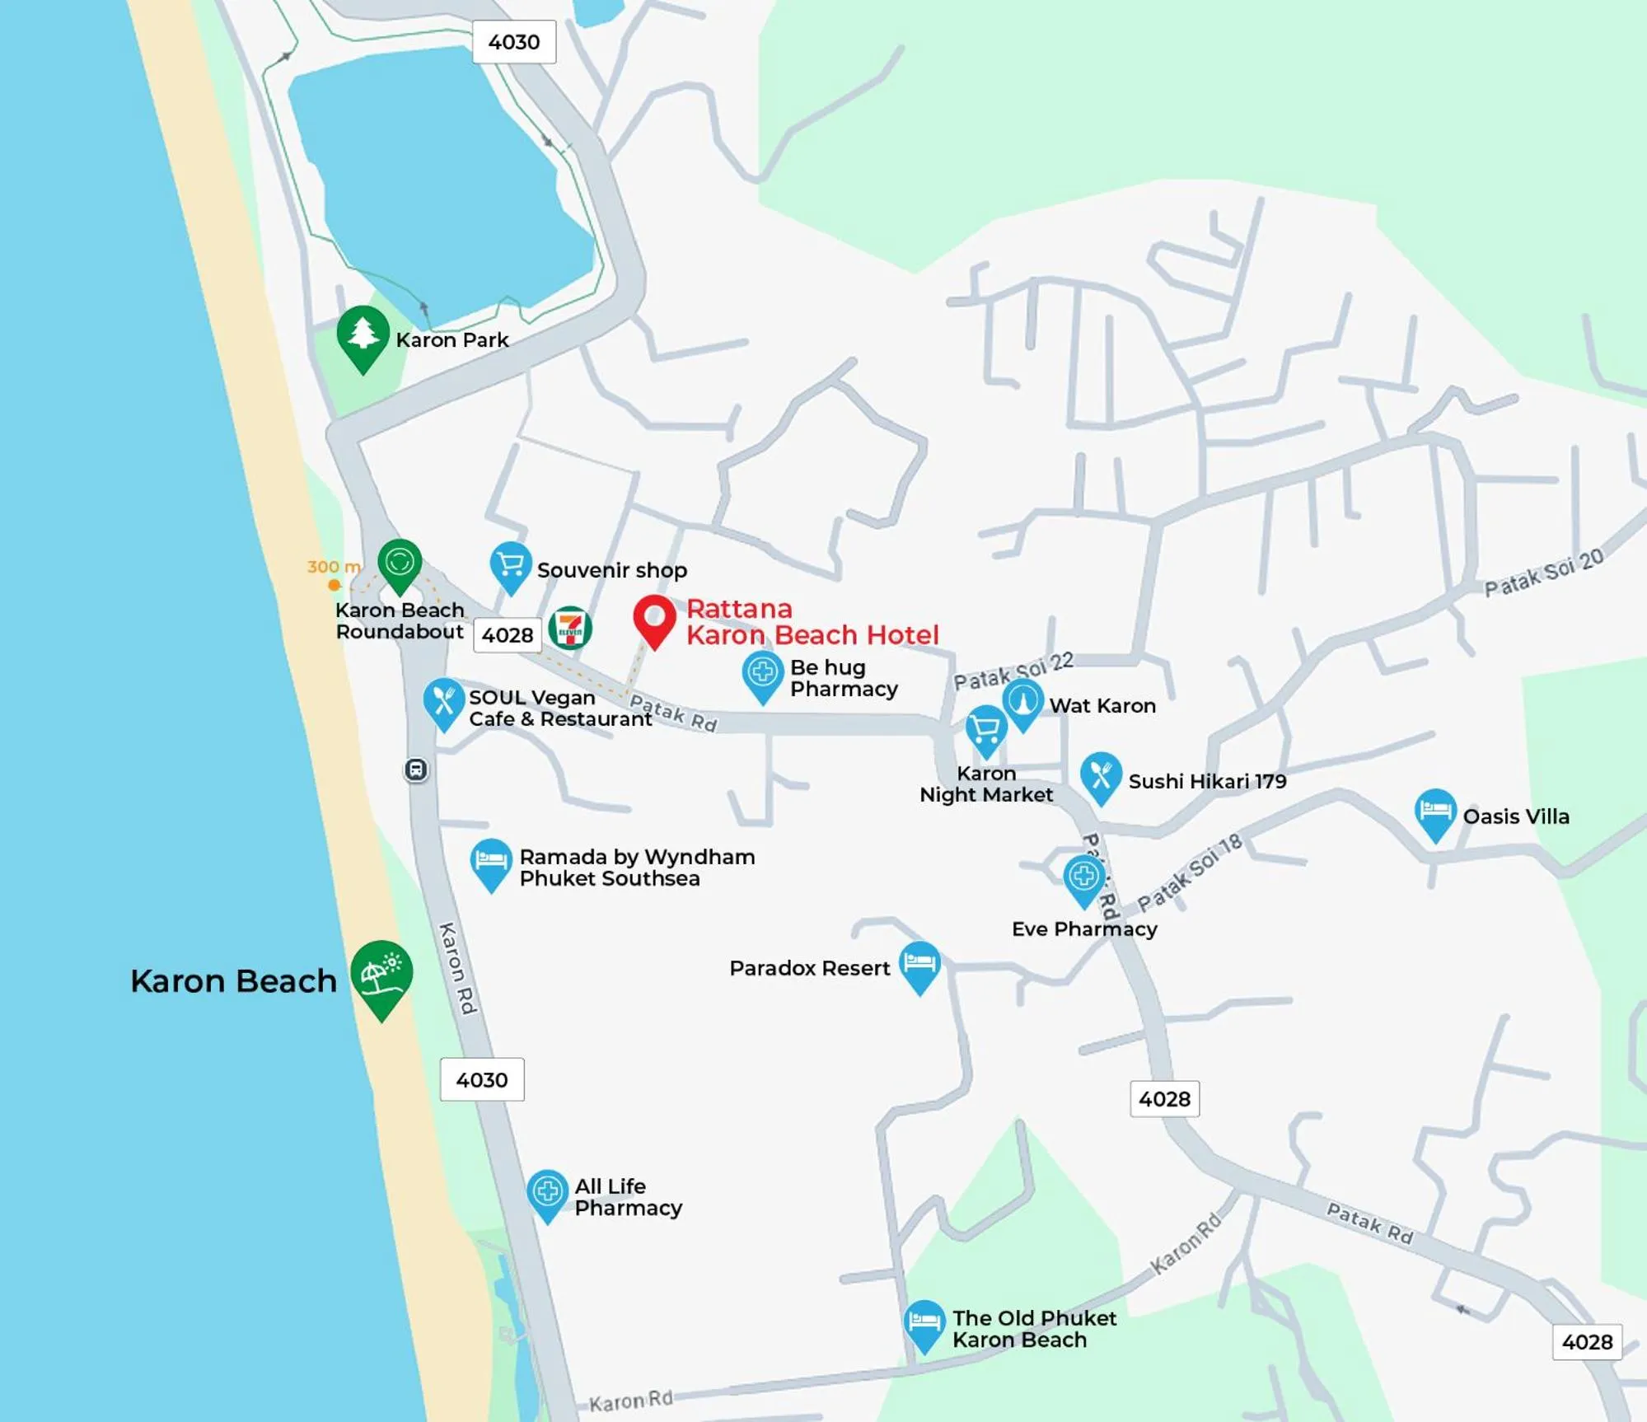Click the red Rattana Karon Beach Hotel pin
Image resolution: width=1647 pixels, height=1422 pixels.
click(654, 618)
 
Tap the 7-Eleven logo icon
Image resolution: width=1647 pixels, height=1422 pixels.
click(570, 629)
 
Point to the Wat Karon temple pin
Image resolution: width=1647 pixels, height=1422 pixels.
click(1022, 701)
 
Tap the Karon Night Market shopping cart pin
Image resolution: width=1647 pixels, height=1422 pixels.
click(986, 729)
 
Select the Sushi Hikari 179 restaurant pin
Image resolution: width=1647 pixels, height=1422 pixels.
click(1101, 775)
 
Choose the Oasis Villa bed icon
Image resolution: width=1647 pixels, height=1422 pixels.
click(1435, 812)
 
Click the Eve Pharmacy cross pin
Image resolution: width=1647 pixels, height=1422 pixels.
click(1083, 877)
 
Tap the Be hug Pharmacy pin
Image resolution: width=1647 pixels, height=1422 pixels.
click(763, 673)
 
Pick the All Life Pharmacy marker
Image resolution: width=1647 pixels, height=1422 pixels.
click(547, 1191)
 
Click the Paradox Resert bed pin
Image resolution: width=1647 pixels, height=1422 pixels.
click(919, 963)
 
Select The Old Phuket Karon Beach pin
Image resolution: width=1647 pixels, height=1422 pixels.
click(924, 1322)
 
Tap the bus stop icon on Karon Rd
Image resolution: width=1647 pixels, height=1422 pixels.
click(416, 769)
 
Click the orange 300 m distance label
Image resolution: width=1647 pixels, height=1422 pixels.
click(334, 567)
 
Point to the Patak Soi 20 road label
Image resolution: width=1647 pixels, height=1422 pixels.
click(1544, 573)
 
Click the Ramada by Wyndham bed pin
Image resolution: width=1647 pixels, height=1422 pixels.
click(491, 861)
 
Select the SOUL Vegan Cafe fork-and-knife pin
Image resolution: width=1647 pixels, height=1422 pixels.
click(443, 701)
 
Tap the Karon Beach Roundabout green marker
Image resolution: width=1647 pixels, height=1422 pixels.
click(400, 563)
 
